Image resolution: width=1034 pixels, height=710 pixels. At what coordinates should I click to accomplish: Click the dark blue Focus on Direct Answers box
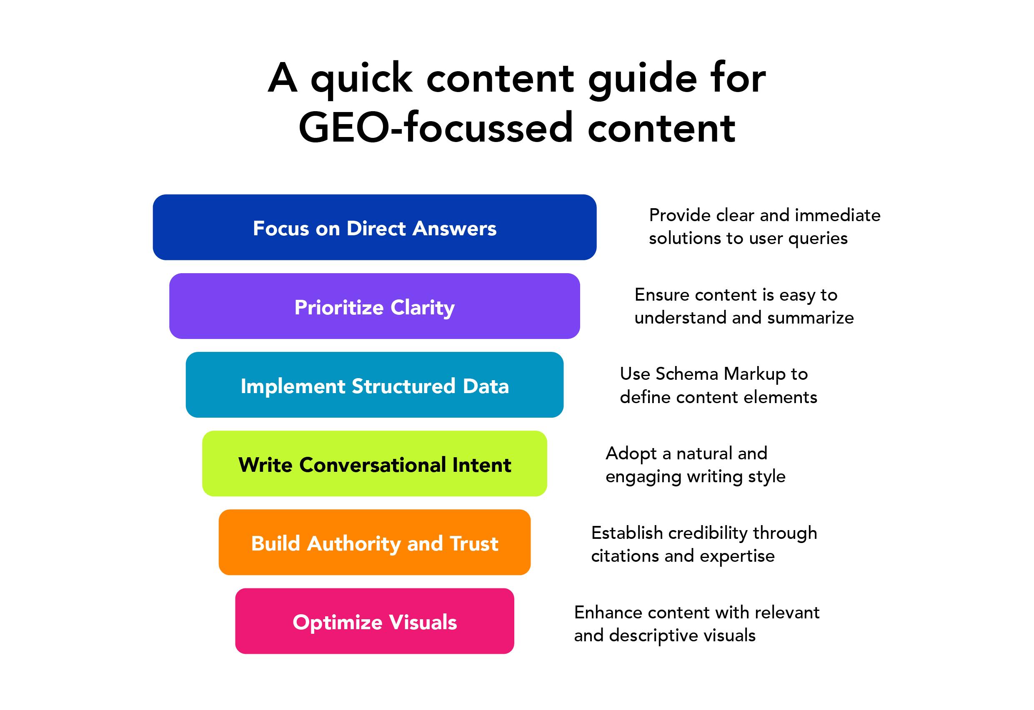(374, 227)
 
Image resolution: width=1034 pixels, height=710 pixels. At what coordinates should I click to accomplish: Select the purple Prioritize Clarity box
(374, 306)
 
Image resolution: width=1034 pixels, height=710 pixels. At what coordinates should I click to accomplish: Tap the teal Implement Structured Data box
(374, 385)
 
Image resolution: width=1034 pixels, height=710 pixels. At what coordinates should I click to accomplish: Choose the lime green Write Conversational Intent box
(374, 463)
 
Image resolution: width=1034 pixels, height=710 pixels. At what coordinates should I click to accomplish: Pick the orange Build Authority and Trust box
(374, 542)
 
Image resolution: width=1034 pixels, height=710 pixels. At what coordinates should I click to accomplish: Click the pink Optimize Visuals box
(374, 621)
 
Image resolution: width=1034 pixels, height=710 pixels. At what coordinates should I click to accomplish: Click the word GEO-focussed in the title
(436, 128)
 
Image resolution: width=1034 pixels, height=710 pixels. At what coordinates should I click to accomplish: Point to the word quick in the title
(361, 79)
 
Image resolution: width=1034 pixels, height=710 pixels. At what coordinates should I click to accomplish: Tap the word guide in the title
(642, 79)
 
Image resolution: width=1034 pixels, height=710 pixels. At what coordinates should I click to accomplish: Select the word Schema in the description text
(686, 374)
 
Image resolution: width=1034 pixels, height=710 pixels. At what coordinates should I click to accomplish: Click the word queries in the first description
(818, 239)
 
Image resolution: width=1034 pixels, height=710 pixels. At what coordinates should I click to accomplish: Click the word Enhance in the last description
(608, 613)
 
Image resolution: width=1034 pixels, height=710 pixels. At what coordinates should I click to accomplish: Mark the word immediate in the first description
(838, 215)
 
